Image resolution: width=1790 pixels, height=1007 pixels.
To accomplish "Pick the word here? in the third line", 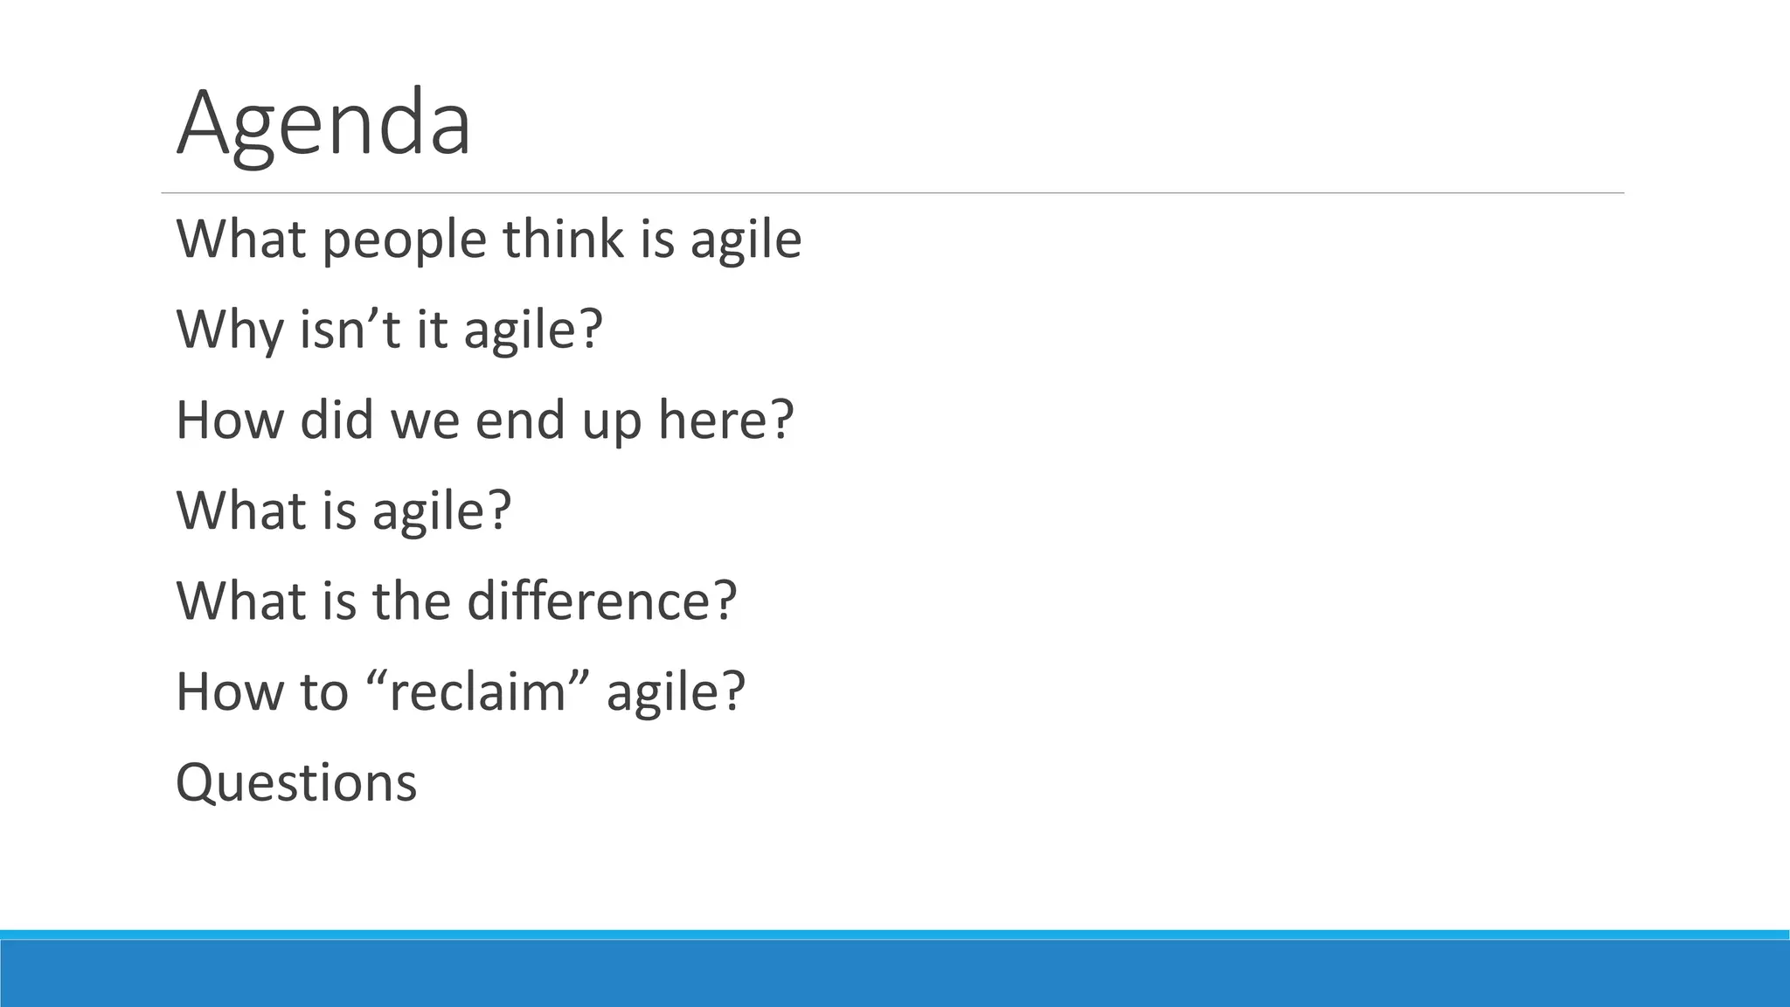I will coord(725,420).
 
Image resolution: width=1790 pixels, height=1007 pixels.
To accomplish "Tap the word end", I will coord(521,420).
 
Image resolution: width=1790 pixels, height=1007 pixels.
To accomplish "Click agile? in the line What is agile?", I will coord(441,511).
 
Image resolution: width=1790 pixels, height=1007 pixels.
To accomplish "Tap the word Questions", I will coord(296,782).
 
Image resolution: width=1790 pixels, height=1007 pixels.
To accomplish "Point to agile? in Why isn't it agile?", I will coord(533,330).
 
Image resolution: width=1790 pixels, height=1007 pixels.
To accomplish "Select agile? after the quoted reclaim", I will coord(676,692).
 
